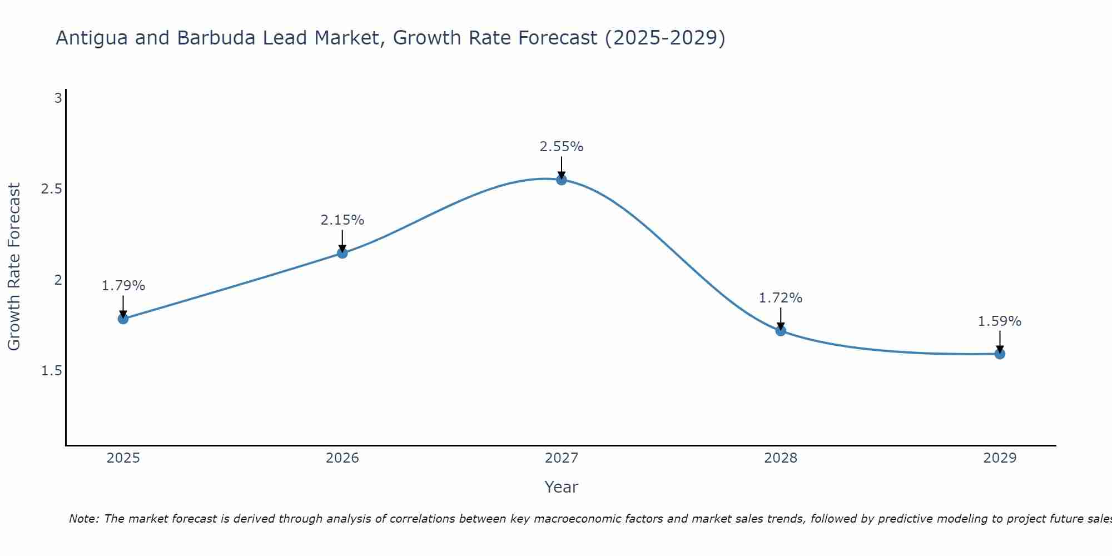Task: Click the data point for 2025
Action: (x=123, y=319)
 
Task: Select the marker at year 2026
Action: (x=342, y=253)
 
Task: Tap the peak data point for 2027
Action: (x=562, y=180)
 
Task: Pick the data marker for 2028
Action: (x=781, y=331)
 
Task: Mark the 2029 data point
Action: (x=1000, y=354)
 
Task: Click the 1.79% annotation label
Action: (x=123, y=286)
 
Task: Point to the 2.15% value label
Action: (x=342, y=220)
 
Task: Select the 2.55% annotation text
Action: (x=562, y=147)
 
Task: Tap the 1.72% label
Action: (x=781, y=298)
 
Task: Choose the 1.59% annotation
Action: (x=1000, y=321)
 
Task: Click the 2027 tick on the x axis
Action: (x=562, y=458)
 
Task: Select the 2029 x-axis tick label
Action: (x=1000, y=458)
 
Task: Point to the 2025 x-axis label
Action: (x=123, y=458)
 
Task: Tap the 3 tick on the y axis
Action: (x=58, y=98)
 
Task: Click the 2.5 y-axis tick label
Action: (x=52, y=189)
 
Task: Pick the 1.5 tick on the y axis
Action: (x=52, y=371)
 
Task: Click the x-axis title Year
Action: (x=562, y=487)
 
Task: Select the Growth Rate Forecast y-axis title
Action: (x=14, y=267)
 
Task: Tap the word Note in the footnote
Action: (x=83, y=519)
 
